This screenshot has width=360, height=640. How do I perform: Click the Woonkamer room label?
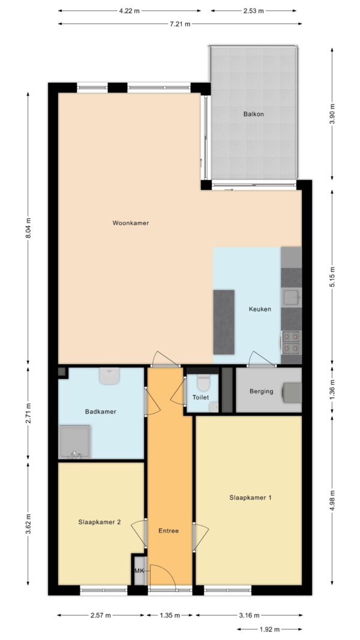[x=131, y=223]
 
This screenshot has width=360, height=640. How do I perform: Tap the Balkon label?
[x=253, y=115]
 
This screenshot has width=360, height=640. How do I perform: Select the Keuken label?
[x=260, y=310]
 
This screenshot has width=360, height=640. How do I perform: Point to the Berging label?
[x=261, y=392]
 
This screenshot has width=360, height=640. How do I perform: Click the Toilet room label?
[x=201, y=397]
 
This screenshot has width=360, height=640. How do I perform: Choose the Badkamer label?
[x=101, y=412]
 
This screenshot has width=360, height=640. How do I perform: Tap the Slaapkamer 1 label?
[x=251, y=498]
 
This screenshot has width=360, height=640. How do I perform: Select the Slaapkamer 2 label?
[x=99, y=522]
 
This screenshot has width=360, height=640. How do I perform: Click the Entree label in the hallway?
[x=169, y=531]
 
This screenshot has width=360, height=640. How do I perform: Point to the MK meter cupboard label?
[x=140, y=570]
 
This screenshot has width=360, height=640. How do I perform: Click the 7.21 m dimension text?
[x=180, y=23]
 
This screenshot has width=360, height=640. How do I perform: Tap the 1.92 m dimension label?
[x=269, y=629]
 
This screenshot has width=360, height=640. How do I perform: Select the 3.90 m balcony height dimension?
[x=332, y=115]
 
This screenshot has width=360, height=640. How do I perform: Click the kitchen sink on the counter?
[x=292, y=298]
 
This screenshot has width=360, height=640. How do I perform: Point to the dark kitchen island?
[x=224, y=322]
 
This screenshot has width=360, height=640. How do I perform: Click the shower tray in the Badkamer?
[x=74, y=441]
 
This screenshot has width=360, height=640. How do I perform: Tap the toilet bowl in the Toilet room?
[x=203, y=382]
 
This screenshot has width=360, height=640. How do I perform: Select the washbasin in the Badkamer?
[x=109, y=376]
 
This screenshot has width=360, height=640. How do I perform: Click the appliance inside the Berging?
[x=292, y=392]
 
